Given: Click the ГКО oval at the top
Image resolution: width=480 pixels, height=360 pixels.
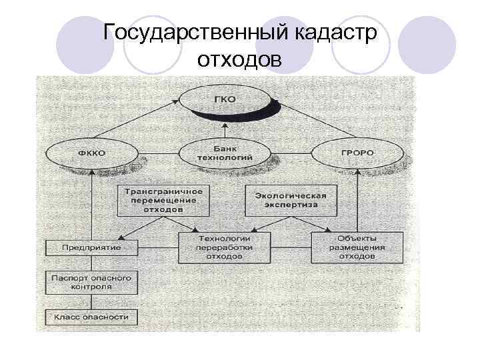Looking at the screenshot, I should pyautogui.click(x=225, y=100).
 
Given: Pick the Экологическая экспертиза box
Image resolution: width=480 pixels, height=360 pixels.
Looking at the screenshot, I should pyautogui.click(x=290, y=201).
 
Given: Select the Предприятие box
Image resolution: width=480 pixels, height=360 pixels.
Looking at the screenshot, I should pyautogui.click(x=91, y=248).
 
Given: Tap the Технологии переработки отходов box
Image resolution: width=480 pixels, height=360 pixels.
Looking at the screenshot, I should pyautogui.click(x=224, y=247).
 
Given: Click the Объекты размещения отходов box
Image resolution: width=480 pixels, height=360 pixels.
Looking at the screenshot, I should pyautogui.click(x=357, y=247).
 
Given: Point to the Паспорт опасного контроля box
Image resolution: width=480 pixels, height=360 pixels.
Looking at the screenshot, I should pyautogui.click(x=91, y=281).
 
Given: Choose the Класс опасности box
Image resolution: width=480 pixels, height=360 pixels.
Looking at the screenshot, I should pyautogui.click(x=91, y=317).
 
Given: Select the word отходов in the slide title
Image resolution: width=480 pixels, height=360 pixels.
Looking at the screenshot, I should pyautogui.click(x=239, y=61).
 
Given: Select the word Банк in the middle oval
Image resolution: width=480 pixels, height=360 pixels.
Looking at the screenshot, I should pyautogui.click(x=225, y=148).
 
